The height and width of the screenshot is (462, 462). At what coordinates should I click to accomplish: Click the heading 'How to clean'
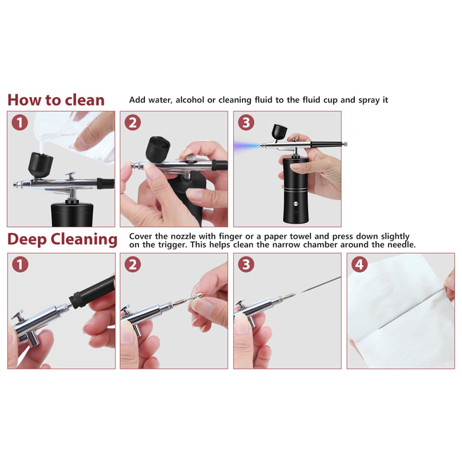click(x=56, y=100)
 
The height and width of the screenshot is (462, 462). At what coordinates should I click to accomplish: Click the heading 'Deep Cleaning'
click(x=62, y=239)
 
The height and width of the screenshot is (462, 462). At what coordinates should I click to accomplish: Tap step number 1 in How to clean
click(x=20, y=123)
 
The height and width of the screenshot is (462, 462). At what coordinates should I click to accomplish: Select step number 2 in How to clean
click(x=133, y=123)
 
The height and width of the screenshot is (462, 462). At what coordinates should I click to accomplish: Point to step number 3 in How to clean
click(x=246, y=123)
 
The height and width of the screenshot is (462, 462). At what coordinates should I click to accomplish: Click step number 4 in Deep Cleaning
click(x=359, y=264)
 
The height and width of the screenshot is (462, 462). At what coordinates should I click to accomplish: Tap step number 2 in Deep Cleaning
click(x=133, y=264)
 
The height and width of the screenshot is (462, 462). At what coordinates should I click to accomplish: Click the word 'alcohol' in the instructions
click(x=190, y=100)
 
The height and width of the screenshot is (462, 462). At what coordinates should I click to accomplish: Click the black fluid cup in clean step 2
click(x=158, y=149)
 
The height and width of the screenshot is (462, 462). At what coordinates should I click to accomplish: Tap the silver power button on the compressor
click(x=296, y=204)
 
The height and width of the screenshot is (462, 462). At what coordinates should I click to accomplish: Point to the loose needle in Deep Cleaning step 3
click(x=321, y=284)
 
